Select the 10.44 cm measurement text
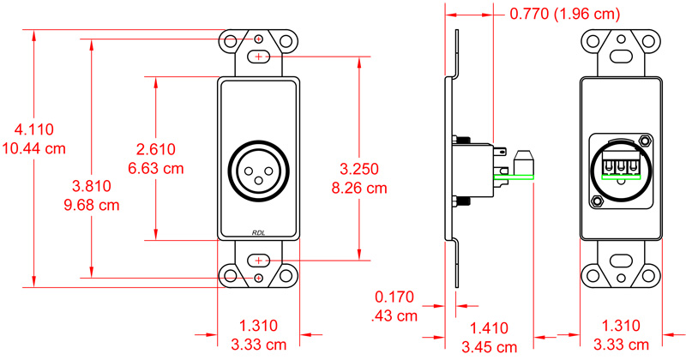click(34, 147)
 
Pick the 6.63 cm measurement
click(159, 168)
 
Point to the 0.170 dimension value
click(394, 297)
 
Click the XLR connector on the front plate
click(258, 170)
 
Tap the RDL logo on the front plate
click(258, 231)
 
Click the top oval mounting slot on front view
click(258, 57)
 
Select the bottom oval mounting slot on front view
click(258, 260)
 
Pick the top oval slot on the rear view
click(622, 57)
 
